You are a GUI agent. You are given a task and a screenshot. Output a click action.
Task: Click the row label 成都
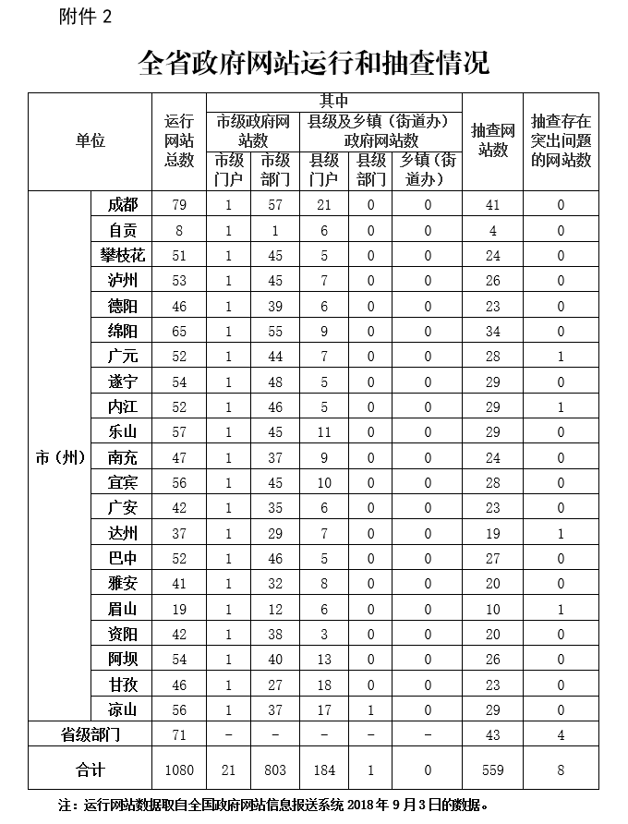coord(122,205)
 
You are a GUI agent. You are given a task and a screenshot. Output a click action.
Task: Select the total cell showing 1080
coord(179,769)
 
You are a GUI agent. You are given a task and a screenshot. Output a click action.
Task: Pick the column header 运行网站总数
coord(179,140)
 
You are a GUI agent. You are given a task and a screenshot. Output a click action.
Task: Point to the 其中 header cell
coord(333,101)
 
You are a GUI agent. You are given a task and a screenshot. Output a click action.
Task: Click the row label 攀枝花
coord(122,255)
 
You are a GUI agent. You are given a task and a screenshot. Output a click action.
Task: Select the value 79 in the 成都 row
coord(179,205)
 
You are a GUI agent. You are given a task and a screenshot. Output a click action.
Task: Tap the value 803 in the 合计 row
coord(274,769)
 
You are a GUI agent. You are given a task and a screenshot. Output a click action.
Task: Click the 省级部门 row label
coord(90,734)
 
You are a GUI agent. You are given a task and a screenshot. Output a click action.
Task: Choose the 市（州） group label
coord(60,457)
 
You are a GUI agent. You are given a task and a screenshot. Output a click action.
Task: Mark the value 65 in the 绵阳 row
coord(179,331)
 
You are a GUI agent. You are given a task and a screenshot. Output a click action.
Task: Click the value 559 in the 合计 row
coord(492,769)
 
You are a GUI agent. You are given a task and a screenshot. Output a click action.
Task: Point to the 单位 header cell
coord(90,140)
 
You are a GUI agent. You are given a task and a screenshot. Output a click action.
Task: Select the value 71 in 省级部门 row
coord(179,734)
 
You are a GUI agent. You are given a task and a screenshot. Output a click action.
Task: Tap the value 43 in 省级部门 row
coord(492,734)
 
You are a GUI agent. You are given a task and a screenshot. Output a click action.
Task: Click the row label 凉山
coord(122,709)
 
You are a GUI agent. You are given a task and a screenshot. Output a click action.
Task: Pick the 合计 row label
coord(90,769)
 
